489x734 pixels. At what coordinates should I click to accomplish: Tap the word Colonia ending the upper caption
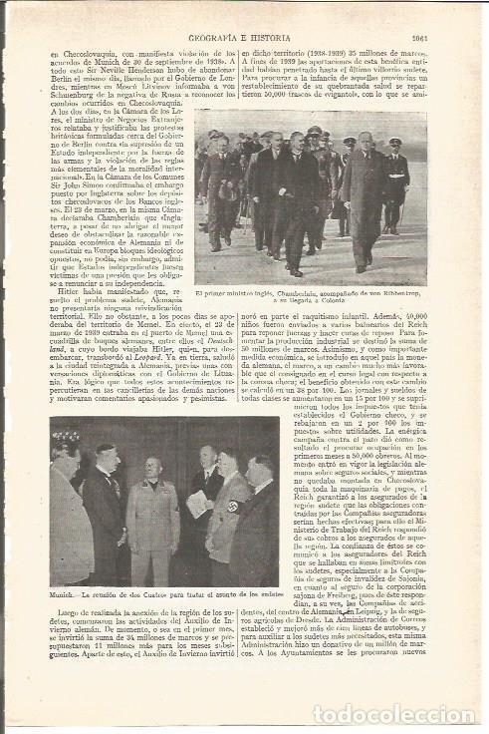coord(343,302)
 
